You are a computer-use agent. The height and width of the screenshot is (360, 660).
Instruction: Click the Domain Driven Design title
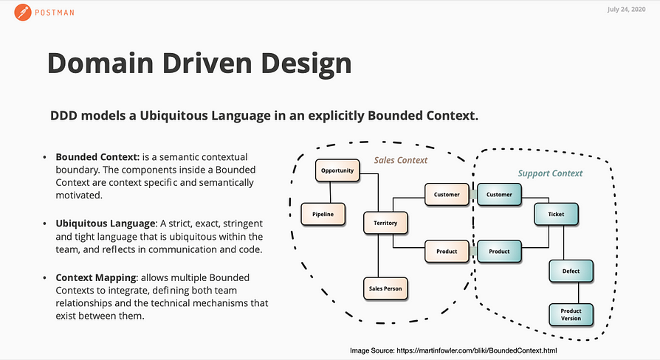pos(199,63)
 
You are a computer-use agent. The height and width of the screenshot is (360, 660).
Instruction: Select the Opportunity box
pos(337,171)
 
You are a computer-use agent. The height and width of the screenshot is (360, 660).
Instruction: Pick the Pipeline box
pos(323,214)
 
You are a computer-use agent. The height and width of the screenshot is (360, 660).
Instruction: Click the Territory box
pos(385,223)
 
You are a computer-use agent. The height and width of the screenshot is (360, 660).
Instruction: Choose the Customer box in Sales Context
pos(447,195)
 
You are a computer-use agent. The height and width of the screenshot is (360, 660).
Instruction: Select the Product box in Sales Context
pos(447,252)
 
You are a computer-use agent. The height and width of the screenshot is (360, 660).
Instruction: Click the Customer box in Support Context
pos(499,195)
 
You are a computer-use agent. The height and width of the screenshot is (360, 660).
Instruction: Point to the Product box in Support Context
pos(499,252)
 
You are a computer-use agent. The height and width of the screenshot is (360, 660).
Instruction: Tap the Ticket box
pos(556,215)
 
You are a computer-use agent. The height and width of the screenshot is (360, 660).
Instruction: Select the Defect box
pos(571,271)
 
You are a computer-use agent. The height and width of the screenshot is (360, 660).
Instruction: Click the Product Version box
pos(571,315)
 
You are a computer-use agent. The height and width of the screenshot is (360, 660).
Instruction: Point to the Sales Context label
pos(400,160)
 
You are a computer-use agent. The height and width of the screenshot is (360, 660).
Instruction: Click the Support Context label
pos(551,173)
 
